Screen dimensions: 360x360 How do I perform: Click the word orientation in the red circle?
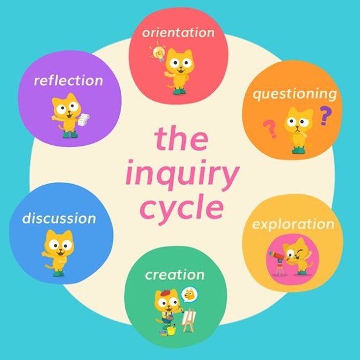coord(178,32)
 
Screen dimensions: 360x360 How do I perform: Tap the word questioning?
coord(295,94)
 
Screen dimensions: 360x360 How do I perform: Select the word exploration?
coord(293,225)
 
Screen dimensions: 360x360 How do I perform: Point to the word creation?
coord(175,275)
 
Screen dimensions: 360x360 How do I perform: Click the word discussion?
coord(59,218)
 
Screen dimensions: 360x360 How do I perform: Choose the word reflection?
coord(68,81)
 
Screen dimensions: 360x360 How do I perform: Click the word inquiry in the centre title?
coord(182,176)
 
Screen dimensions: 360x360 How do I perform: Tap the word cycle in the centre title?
coord(182,209)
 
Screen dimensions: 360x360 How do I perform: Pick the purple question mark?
coord(326,115)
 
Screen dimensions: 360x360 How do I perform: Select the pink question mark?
coord(270,129)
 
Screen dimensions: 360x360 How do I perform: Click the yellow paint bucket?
coord(171,330)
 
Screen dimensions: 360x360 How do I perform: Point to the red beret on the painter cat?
coord(166,293)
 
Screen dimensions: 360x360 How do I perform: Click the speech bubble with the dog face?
coord(189,295)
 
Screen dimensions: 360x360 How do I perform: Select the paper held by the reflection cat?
coord(84,119)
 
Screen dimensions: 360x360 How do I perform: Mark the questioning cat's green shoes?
coord(298,150)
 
